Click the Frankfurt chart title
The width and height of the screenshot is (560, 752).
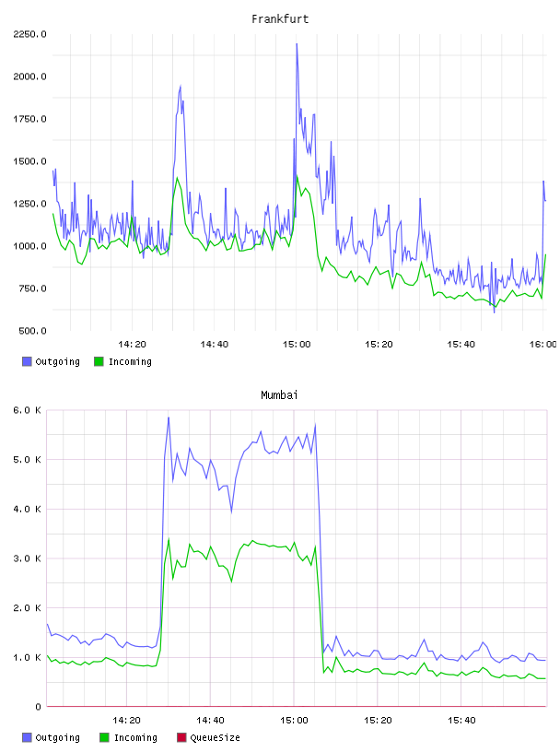click(x=280, y=19)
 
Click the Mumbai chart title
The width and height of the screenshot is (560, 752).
click(x=279, y=395)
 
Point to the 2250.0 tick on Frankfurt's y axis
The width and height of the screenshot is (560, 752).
click(x=30, y=34)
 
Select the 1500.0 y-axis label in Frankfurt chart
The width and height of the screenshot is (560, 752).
click(x=30, y=161)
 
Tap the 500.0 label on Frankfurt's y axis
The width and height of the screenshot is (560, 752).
click(x=32, y=331)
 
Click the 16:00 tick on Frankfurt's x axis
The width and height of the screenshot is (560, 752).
click(x=543, y=345)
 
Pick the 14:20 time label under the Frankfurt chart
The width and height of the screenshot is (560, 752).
click(x=133, y=345)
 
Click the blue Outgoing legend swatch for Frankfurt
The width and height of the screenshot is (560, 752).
click(x=27, y=361)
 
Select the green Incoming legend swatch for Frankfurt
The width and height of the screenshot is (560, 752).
click(x=99, y=361)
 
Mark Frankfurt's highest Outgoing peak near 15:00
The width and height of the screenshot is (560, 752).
click(x=297, y=44)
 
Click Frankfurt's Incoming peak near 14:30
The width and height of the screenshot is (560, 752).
click(x=178, y=178)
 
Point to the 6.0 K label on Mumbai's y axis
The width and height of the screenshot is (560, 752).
click(x=28, y=410)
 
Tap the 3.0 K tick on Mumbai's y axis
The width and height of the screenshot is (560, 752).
click(x=28, y=558)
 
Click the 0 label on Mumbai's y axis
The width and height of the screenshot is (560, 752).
click(x=39, y=707)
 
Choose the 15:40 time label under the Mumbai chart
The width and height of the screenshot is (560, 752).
click(x=461, y=721)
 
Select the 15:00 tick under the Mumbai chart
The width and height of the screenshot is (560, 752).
click(x=295, y=721)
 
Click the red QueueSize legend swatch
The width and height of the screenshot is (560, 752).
click(x=181, y=737)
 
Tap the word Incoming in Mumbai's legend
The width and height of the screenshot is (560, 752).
click(x=135, y=737)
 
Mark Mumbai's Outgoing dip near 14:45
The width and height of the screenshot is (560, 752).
click(x=231, y=511)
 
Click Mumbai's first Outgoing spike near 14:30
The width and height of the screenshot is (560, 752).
click(x=169, y=418)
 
